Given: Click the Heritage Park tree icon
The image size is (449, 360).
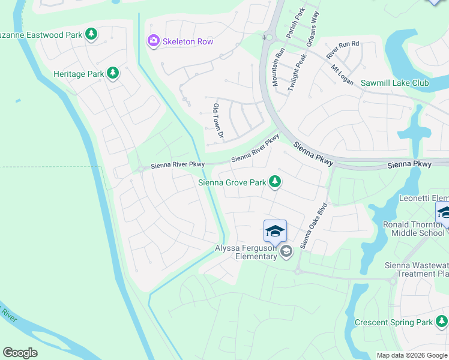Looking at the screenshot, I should point(112,73).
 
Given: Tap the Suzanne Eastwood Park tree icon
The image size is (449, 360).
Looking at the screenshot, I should point(91,34).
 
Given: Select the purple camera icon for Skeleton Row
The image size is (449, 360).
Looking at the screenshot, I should point(153,41).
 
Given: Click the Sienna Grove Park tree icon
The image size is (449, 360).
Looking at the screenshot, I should point(275,181).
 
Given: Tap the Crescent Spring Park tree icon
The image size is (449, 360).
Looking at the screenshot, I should point(442,322).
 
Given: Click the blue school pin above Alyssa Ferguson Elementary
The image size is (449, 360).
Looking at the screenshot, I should point(275,231).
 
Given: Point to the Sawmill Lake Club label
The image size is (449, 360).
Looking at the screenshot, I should point(394,83).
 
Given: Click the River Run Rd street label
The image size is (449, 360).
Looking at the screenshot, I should point(342,50).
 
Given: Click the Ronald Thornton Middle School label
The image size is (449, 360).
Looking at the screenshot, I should point(415,229).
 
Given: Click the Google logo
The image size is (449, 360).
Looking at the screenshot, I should point(20,352).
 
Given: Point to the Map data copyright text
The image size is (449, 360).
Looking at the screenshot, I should point(411,355).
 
